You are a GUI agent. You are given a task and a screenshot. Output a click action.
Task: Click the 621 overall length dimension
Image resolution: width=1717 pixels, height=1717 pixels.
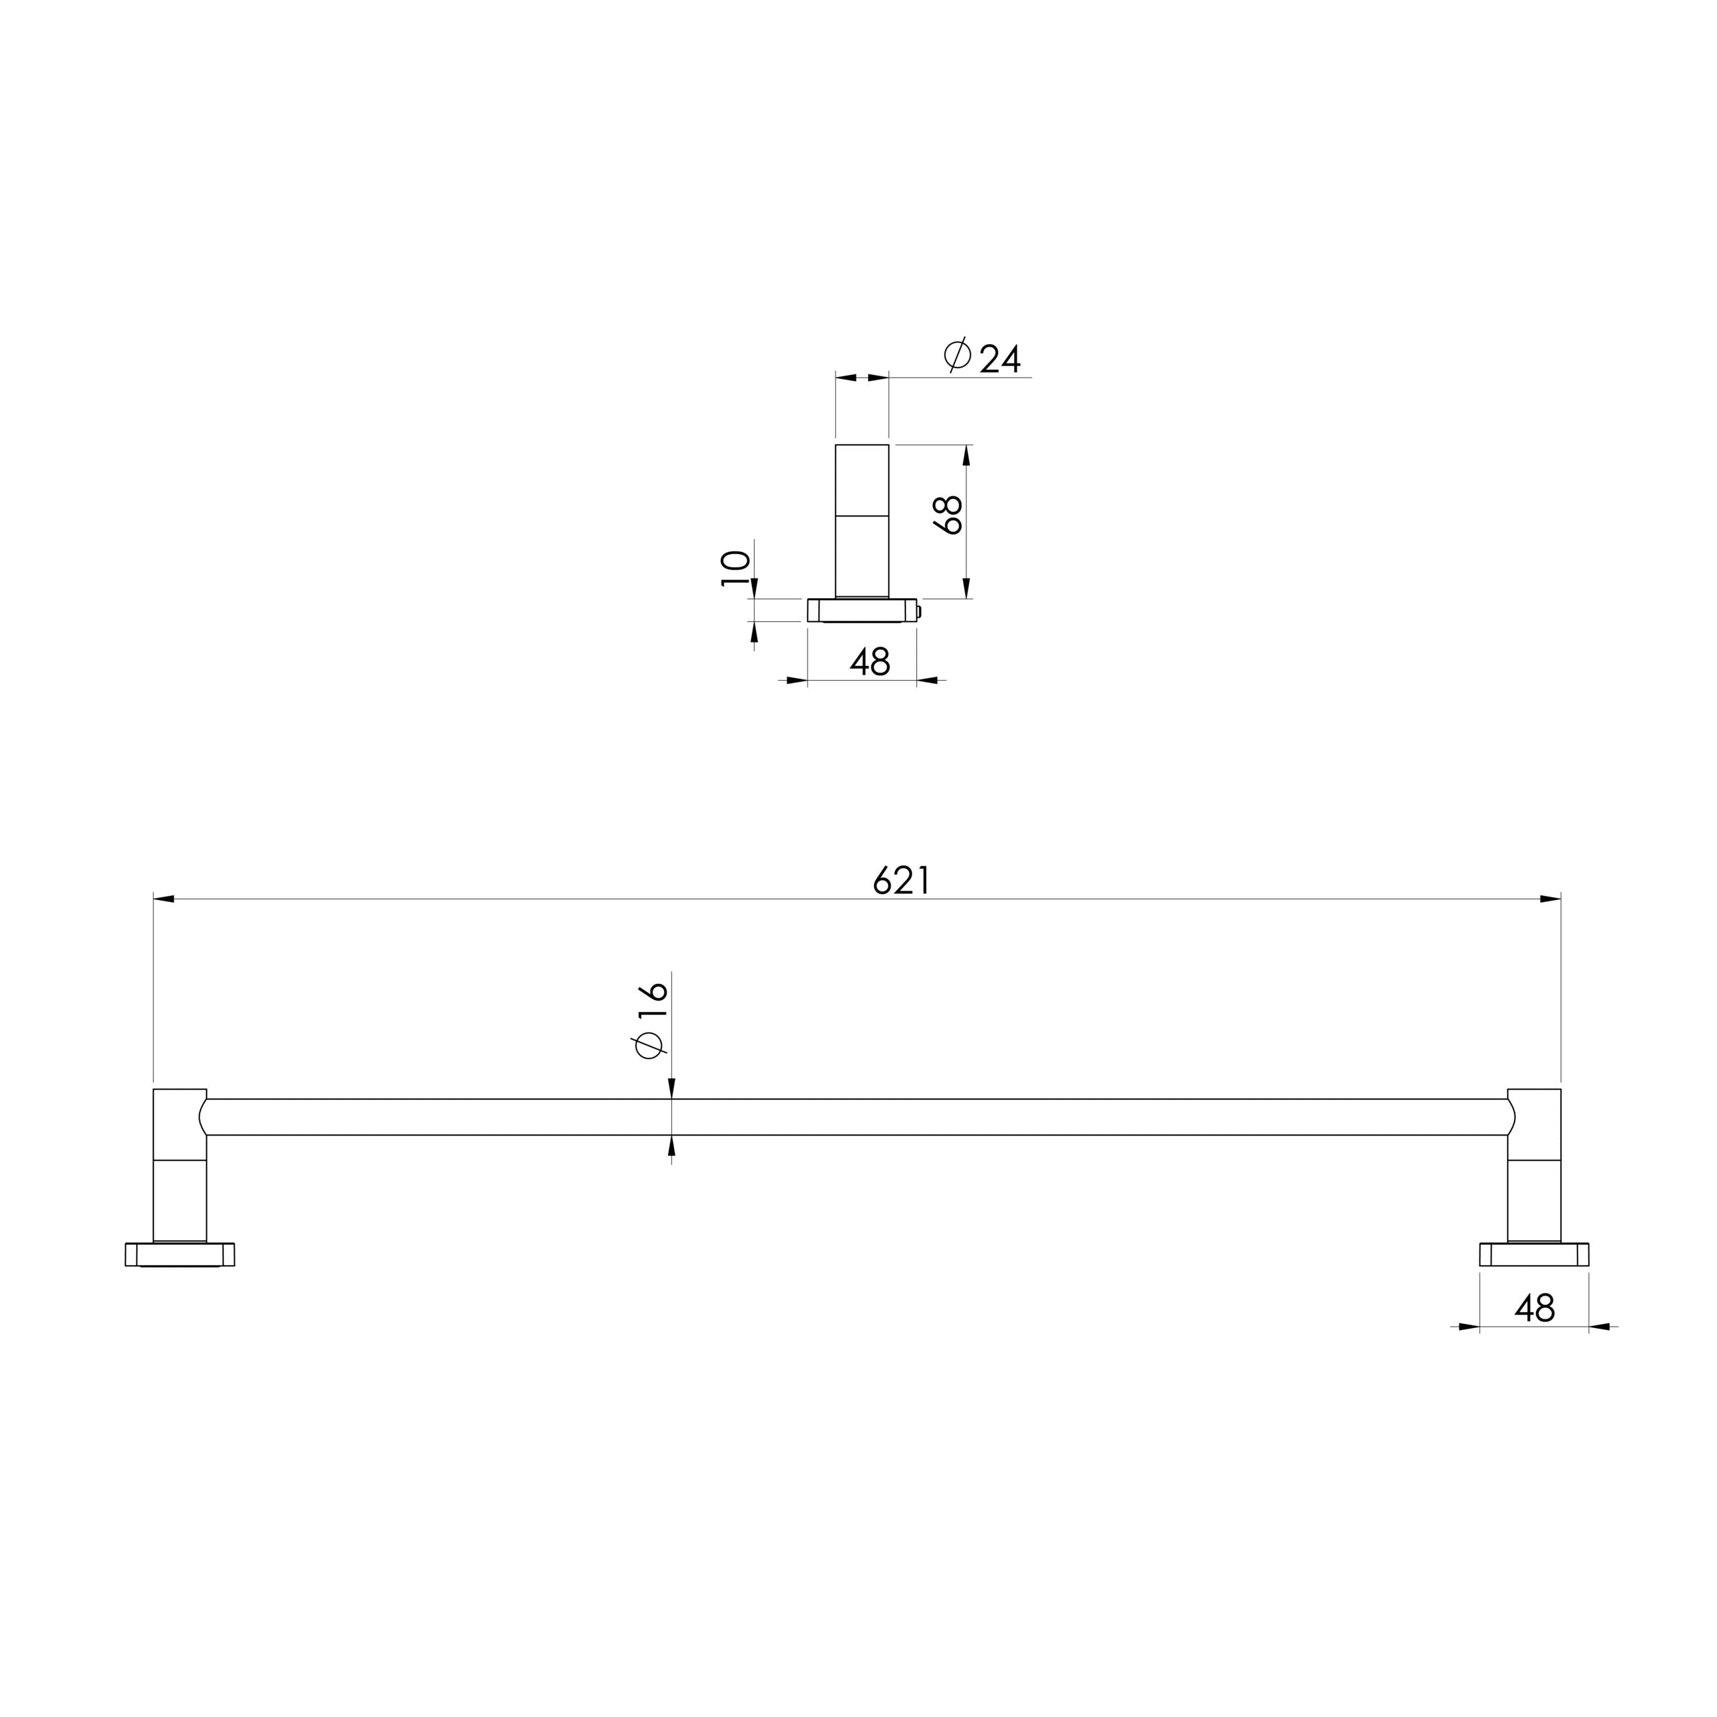click(x=901, y=880)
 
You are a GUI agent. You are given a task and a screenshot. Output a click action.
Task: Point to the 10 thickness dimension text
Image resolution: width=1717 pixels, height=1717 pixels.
click(x=736, y=568)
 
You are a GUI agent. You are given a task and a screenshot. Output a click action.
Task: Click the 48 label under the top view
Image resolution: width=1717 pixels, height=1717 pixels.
click(x=870, y=661)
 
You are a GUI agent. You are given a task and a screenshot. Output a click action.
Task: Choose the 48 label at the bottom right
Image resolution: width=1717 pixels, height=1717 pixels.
click(x=1535, y=1308)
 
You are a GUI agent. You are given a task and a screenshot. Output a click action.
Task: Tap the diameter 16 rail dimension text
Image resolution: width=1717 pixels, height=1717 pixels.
click(x=651, y=1020)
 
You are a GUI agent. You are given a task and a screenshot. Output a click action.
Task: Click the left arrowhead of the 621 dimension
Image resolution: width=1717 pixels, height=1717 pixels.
click(x=164, y=899)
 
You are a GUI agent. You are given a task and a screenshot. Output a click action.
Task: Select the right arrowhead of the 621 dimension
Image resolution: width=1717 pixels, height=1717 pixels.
click(x=1550, y=899)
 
